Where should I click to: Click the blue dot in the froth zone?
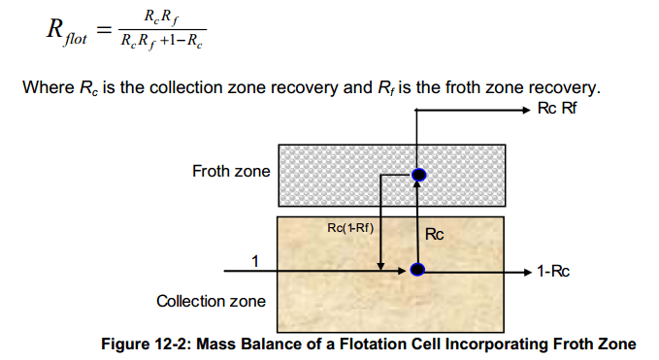[418, 175]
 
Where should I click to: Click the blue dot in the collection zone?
[417, 269]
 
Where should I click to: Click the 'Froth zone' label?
[231, 172]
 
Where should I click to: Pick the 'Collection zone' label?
[212, 301]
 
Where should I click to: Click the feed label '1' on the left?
[255, 260]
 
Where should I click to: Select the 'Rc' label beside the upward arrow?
[435, 233]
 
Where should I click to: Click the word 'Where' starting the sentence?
[46, 89]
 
